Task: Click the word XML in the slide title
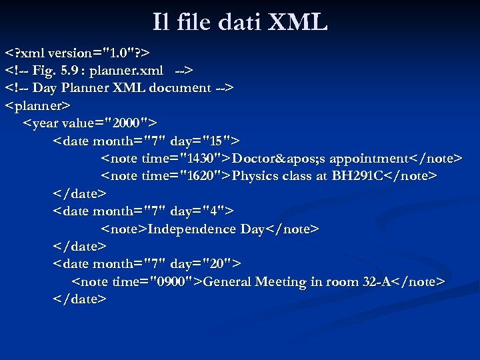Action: (x=297, y=23)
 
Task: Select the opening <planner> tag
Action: (x=38, y=105)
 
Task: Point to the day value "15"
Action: (x=217, y=141)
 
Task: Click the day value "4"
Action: (x=213, y=211)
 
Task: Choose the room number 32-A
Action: (x=377, y=282)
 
